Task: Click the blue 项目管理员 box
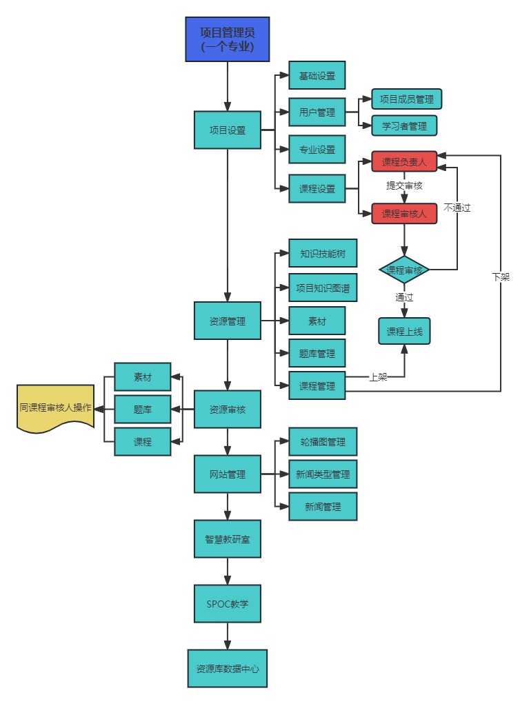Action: point(227,39)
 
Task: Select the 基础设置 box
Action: point(317,76)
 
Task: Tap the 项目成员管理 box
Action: point(406,99)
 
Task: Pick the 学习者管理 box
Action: point(403,126)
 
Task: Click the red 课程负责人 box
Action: point(404,162)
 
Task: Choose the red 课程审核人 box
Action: point(404,213)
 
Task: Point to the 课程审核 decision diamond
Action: point(405,270)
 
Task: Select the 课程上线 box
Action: point(404,331)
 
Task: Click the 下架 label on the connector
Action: point(501,276)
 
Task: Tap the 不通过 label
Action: point(457,207)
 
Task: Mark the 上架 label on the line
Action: point(378,377)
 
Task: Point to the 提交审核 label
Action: point(404,186)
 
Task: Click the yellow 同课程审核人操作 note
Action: point(55,408)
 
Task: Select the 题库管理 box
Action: point(317,354)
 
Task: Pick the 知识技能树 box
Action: point(323,254)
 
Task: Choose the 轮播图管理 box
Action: point(323,441)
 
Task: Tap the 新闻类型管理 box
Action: point(323,474)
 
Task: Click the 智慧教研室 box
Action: point(228,539)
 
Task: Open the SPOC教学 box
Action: point(228,604)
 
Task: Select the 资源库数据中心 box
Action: point(227,668)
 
